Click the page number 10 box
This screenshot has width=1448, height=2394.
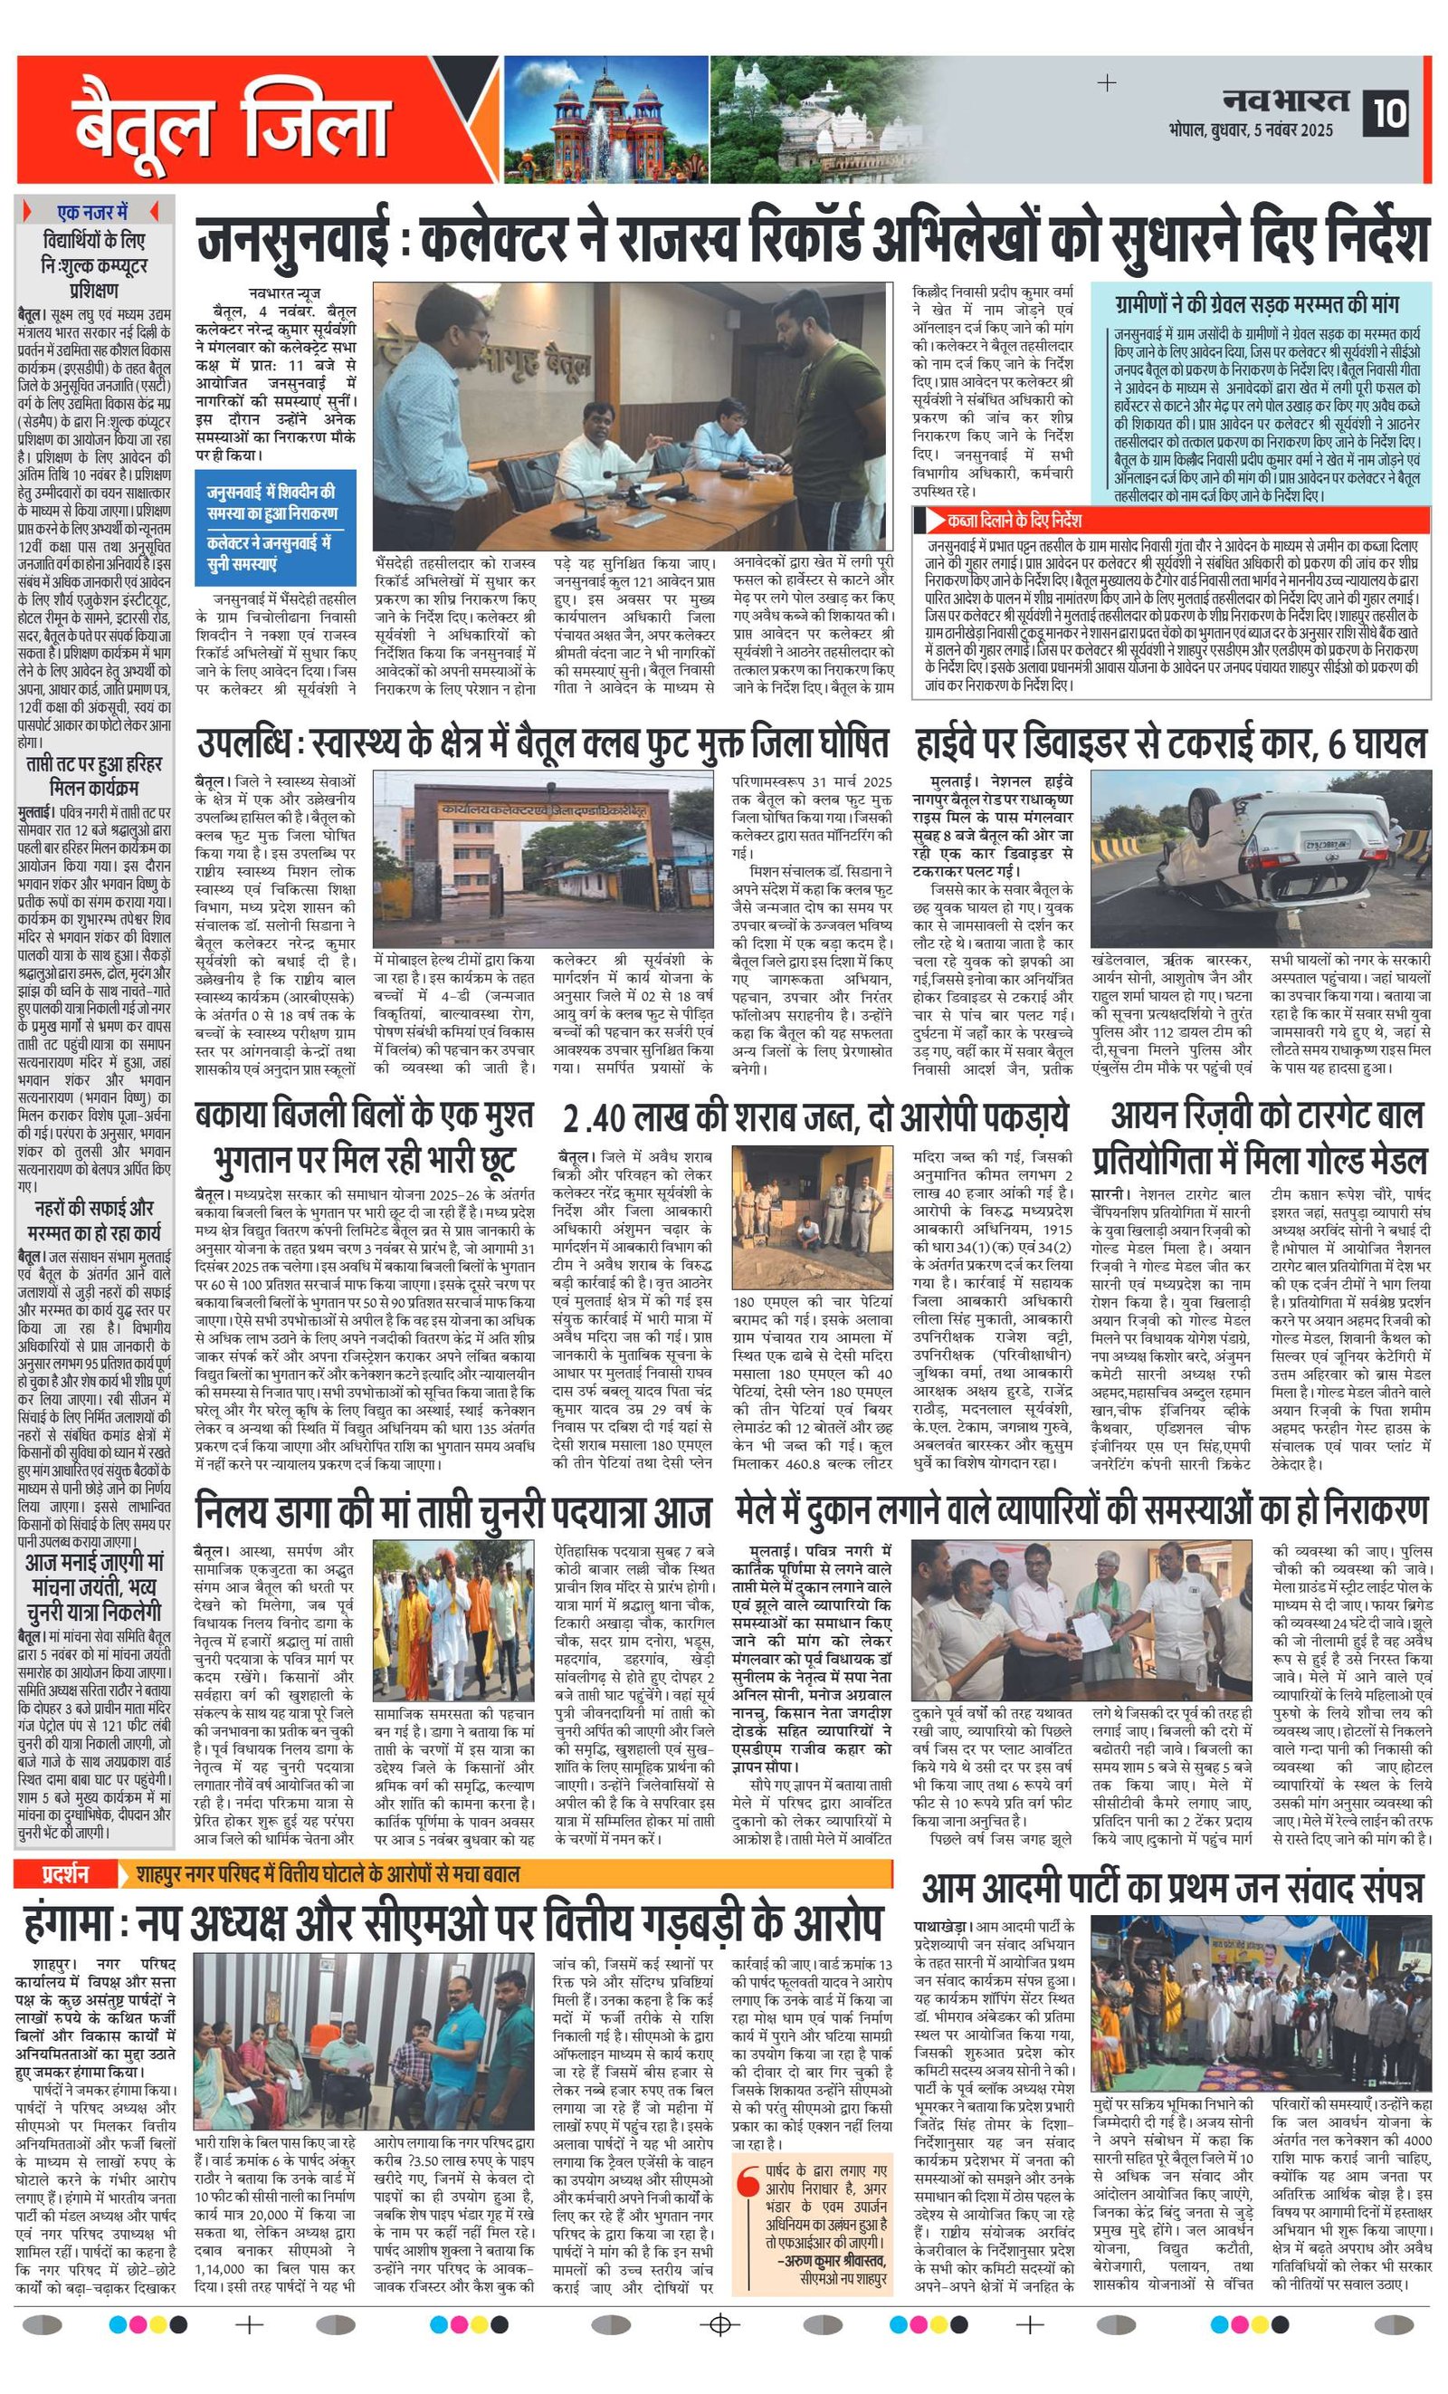[x=1390, y=114]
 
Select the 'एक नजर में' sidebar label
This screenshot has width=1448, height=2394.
[x=92, y=211]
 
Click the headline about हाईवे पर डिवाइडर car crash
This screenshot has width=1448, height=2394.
[x=1170, y=745]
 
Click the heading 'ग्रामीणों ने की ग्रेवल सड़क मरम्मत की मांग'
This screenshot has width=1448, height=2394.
[x=1258, y=304]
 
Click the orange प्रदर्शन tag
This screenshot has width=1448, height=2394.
[x=65, y=1873]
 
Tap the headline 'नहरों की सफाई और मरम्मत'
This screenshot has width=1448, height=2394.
[x=94, y=1221]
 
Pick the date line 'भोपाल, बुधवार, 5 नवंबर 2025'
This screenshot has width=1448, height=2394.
[x=1251, y=130]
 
